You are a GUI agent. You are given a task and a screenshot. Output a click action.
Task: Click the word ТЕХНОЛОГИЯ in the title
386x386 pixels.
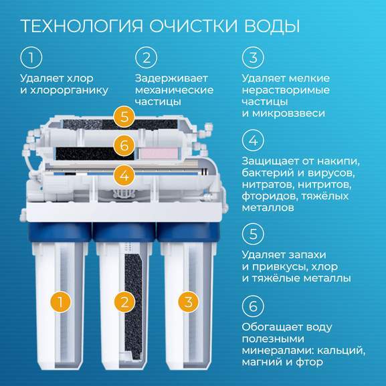(x=82, y=26)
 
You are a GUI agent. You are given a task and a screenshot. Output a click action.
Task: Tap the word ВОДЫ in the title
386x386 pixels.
(x=272, y=26)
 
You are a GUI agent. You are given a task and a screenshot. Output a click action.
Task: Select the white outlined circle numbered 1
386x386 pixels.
(x=31, y=58)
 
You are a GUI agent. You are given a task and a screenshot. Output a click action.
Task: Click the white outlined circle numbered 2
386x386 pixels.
(x=147, y=58)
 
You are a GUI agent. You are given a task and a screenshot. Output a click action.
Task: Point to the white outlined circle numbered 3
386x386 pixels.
(x=253, y=58)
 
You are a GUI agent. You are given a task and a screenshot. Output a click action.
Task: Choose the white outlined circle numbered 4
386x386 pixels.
(x=253, y=140)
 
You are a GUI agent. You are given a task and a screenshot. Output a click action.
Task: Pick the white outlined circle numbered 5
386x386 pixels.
(x=253, y=233)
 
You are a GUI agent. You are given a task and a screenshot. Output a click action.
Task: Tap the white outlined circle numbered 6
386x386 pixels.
(x=253, y=306)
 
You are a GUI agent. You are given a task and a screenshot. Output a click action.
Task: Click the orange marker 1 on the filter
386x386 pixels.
(x=60, y=302)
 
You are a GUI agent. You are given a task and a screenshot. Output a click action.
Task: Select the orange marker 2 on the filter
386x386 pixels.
(x=124, y=302)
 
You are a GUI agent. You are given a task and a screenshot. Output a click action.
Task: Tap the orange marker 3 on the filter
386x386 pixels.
(x=189, y=302)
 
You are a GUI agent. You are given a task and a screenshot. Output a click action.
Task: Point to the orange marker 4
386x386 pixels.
(x=124, y=176)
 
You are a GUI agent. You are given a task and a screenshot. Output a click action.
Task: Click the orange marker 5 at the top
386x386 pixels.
(x=124, y=116)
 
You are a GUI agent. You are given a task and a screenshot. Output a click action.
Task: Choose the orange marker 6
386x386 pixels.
(x=124, y=145)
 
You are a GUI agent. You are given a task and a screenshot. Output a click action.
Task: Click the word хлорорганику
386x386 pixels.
(x=69, y=90)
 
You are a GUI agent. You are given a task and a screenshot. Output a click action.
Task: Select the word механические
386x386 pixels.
(x=175, y=90)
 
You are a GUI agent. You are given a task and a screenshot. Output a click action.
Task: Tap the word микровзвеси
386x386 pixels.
(x=288, y=114)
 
